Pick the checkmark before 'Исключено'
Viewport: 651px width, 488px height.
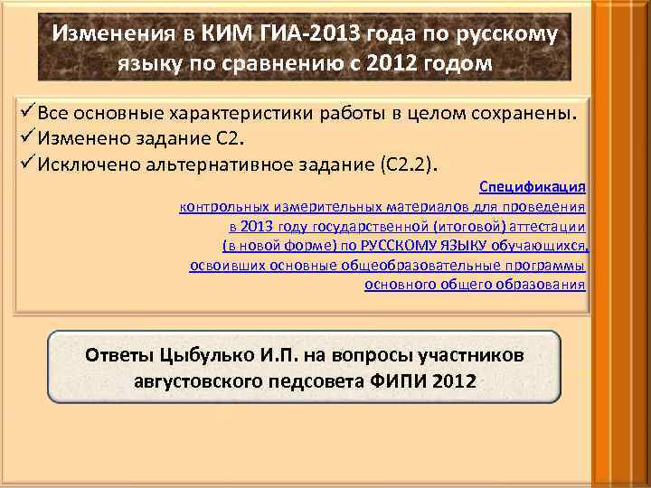25,164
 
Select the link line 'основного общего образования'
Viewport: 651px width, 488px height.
475,285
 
